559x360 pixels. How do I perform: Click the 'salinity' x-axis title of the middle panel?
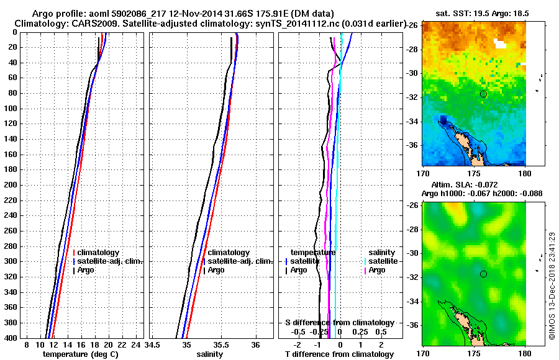point(209,354)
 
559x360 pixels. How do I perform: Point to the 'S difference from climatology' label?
point(339,323)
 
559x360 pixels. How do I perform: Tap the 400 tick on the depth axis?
point(11,338)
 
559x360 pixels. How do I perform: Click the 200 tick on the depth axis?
point(11,185)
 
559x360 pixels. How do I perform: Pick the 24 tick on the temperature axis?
point(137,344)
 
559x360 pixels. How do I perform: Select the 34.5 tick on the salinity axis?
point(153,344)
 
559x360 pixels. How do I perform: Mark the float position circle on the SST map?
point(483,94)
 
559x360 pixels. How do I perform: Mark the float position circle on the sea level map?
point(483,274)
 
